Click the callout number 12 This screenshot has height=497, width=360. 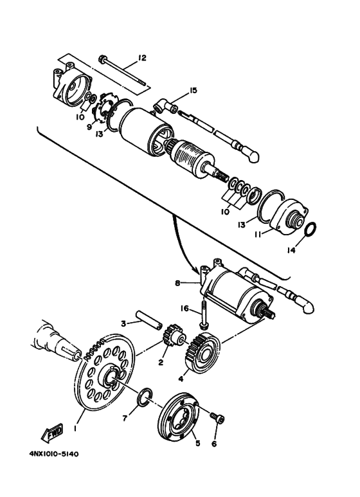141,58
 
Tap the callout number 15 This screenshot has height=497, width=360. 193,91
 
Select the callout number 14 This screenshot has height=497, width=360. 291,250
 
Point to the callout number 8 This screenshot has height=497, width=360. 177,283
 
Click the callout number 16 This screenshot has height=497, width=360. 184,309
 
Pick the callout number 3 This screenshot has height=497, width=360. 124,323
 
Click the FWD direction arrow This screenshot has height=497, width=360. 52,433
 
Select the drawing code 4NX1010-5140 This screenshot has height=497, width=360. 54,454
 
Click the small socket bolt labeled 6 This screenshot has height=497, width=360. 217,418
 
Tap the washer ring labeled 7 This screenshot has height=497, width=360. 145,395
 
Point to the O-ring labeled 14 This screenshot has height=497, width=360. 310,230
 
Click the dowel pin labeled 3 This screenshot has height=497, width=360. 149,321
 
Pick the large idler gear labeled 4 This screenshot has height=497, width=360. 203,353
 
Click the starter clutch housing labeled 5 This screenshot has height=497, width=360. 179,417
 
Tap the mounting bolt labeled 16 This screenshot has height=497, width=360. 203,317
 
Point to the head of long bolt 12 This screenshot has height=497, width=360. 104,59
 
